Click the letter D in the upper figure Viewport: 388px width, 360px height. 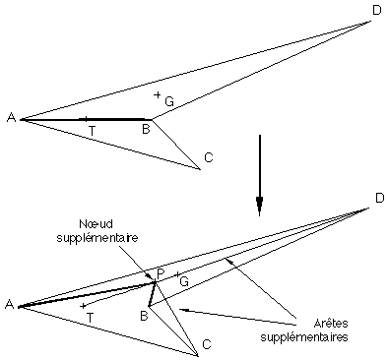pyautogui.click(x=376, y=11)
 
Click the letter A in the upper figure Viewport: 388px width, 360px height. pyautogui.click(x=11, y=118)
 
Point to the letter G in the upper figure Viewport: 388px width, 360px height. pyautogui.click(x=169, y=100)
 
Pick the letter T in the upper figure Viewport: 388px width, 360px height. pyautogui.click(x=92, y=130)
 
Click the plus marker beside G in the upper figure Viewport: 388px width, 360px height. pyautogui.click(x=158, y=93)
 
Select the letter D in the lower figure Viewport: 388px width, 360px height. pyautogui.click(x=379, y=200)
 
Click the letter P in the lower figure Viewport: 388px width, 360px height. pyautogui.click(x=160, y=272)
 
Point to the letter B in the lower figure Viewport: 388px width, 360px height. pyautogui.click(x=143, y=315)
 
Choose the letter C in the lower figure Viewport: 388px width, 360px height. pyautogui.click(x=206, y=344)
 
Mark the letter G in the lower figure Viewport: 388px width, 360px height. pyautogui.click(x=183, y=281)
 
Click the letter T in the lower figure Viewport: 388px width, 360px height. pyautogui.click(x=91, y=317)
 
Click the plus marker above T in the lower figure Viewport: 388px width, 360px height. pyautogui.click(x=83, y=305)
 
